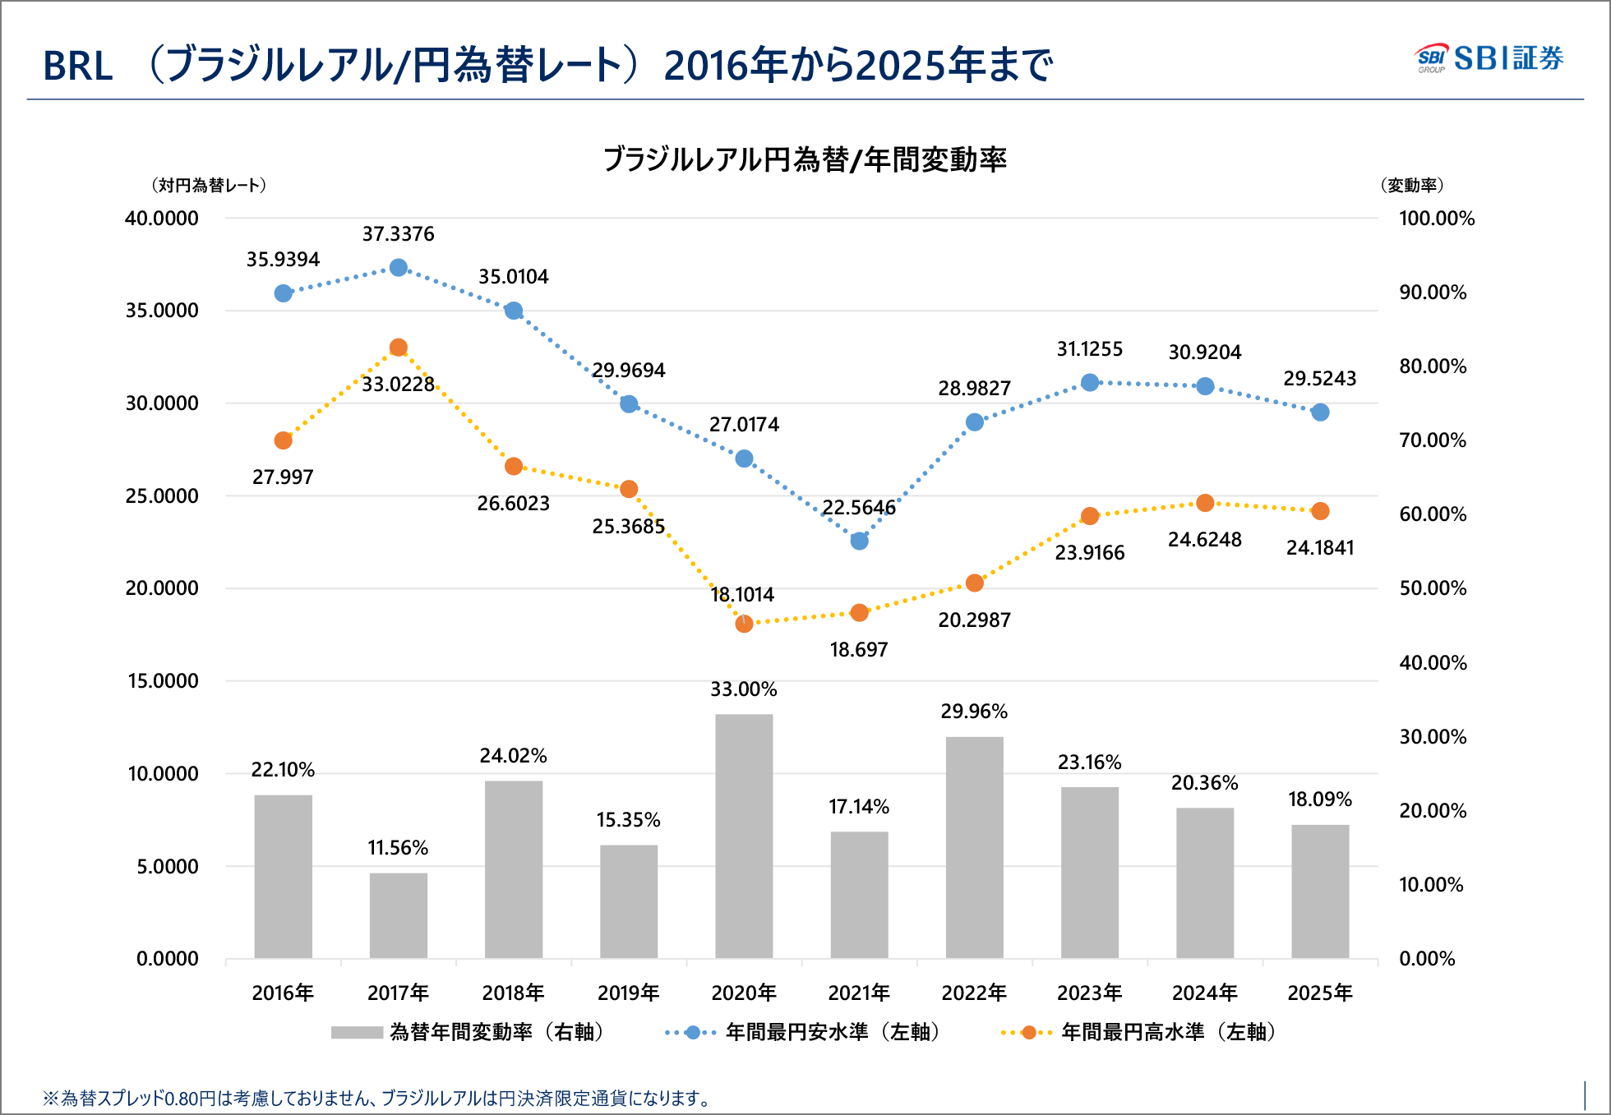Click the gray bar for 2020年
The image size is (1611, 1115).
click(744, 836)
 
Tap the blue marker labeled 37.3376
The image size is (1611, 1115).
click(399, 268)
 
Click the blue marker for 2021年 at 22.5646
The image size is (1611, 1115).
click(859, 541)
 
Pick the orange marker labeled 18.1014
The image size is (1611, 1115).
click(744, 624)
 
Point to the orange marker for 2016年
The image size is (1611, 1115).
click(283, 440)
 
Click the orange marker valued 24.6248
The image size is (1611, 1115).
click(1205, 503)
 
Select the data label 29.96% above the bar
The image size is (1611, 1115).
click(974, 712)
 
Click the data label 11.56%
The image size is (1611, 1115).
click(398, 848)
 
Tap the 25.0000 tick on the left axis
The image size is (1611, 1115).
click(162, 496)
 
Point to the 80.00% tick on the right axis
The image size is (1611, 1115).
click(1433, 366)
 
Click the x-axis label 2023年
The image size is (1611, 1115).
click(1089, 993)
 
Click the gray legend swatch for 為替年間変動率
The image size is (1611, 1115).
click(357, 1032)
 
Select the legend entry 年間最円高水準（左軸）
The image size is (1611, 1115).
click(1167, 1032)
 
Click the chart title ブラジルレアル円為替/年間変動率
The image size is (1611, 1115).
click(805, 159)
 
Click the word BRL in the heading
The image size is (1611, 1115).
click(78, 67)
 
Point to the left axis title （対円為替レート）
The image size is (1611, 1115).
click(209, 186)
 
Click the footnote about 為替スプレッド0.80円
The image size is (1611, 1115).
click(378, 1099)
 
